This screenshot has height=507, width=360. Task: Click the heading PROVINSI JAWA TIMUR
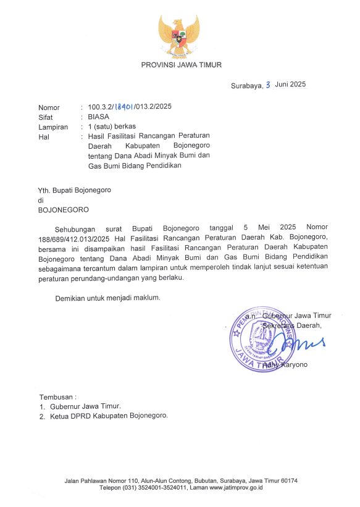click(181, 65)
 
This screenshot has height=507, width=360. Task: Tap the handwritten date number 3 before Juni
click(268, 85)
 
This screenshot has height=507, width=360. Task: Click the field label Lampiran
click(52, 126)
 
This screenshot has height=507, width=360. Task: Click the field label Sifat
click(46, 116)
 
